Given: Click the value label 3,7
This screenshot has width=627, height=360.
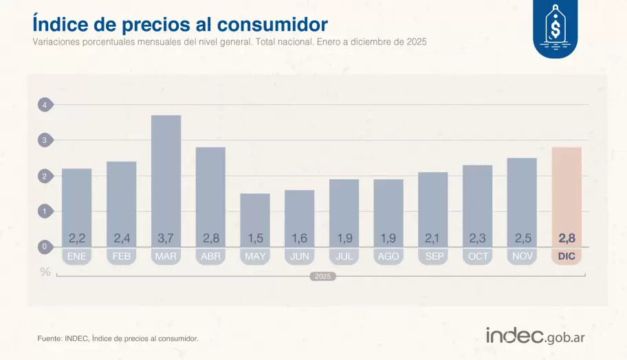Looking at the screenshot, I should pos(166,238).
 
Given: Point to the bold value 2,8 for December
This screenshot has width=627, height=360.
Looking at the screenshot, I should pos(566,238).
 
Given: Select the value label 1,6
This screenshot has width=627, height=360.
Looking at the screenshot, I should pos(300,238).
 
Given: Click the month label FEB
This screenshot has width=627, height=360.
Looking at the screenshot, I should pos(121,256).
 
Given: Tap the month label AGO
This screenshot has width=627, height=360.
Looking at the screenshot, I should pos(388,256).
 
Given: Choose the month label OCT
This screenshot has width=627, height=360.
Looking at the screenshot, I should pos(478,256).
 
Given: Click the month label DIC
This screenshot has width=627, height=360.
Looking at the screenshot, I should pos(566,256).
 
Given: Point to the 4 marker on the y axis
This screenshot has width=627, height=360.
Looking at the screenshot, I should pos(45,105).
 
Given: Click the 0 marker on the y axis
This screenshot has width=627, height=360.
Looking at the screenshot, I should pos(45,247).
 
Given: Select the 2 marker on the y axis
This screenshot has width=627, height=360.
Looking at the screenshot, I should pos(45,177).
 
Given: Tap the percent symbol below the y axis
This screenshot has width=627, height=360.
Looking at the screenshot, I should pos(45,271).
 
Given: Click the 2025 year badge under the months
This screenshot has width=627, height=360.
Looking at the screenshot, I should pos(322,276).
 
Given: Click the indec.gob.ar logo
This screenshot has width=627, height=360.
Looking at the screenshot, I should pos(535,337).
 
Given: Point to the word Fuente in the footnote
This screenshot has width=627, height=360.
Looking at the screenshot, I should pos(49,339).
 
